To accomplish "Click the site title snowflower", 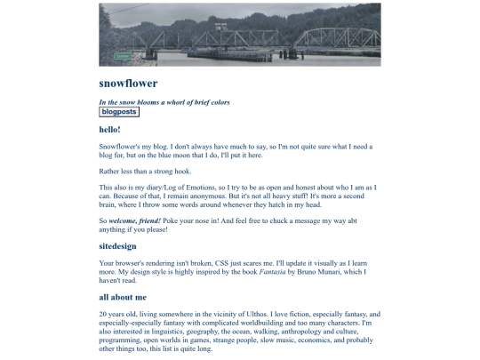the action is [x=128, y=84].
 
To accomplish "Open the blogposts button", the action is [x=119, y=112].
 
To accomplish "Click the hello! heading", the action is [x=110, y=130].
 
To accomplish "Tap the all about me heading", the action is [x=123, y=297].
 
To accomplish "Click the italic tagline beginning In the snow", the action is [x=164, y=102].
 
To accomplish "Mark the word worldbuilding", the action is [x=264, y=323].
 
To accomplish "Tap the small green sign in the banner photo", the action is [x=123, y=55].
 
